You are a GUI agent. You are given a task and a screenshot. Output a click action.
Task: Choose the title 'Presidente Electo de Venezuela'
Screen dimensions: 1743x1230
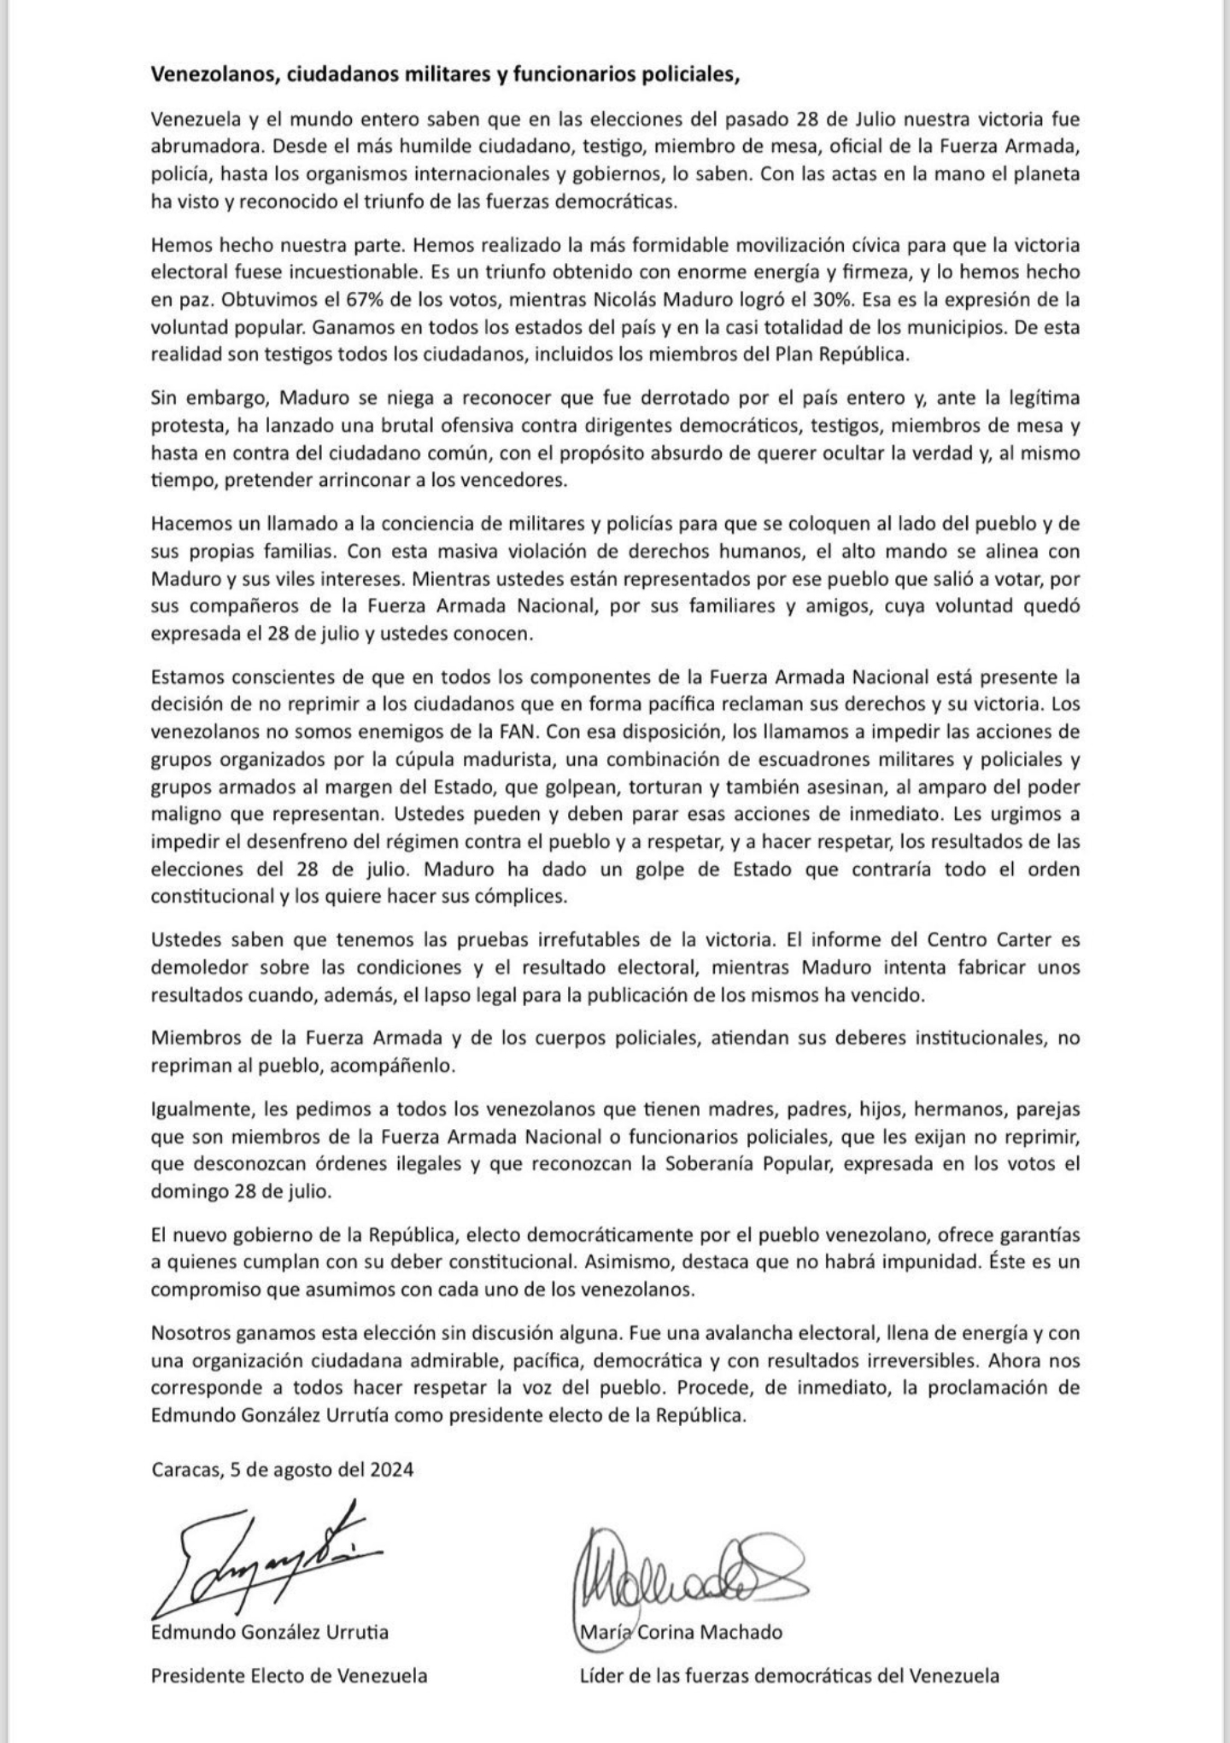point(289,1675)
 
